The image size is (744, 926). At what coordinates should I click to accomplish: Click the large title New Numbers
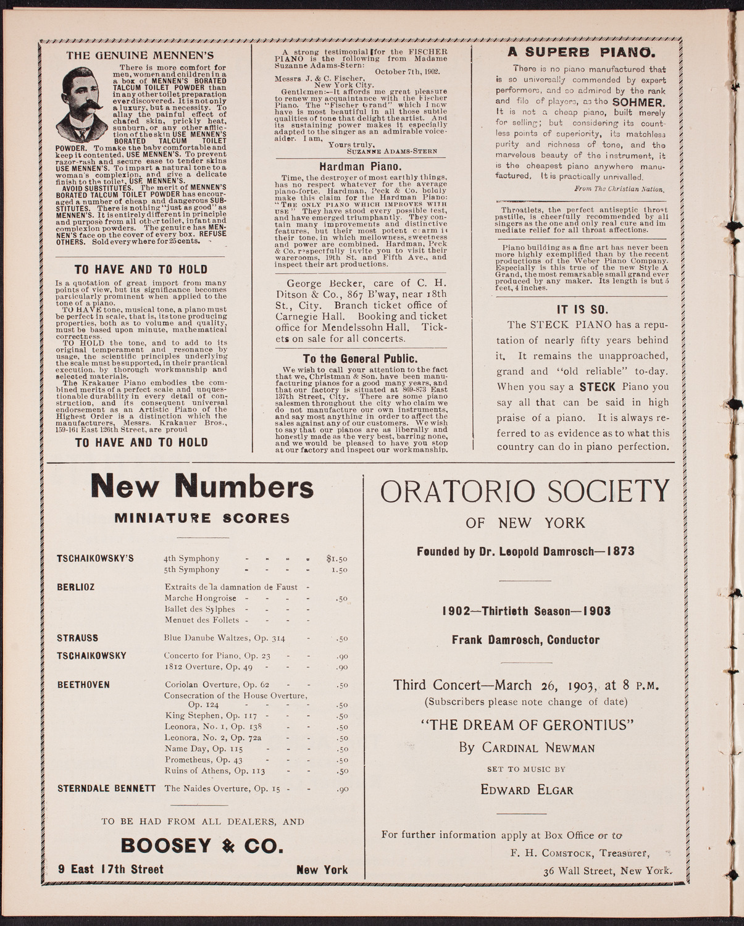tap(202, 488)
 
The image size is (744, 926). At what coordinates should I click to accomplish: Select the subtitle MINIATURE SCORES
tap(202, 518)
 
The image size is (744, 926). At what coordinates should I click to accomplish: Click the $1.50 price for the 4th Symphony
tap(336, 559)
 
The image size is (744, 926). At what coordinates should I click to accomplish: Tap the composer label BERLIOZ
tap(76, 587)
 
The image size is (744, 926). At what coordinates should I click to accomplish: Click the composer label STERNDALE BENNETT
tap(107, 788)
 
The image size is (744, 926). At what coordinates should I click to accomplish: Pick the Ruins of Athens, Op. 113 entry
tap(215, 770)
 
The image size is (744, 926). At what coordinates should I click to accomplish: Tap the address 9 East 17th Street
tap(111, 869)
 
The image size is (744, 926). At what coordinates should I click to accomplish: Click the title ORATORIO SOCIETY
tap(525, 493)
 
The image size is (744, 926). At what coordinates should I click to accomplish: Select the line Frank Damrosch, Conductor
tap(525, 640)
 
